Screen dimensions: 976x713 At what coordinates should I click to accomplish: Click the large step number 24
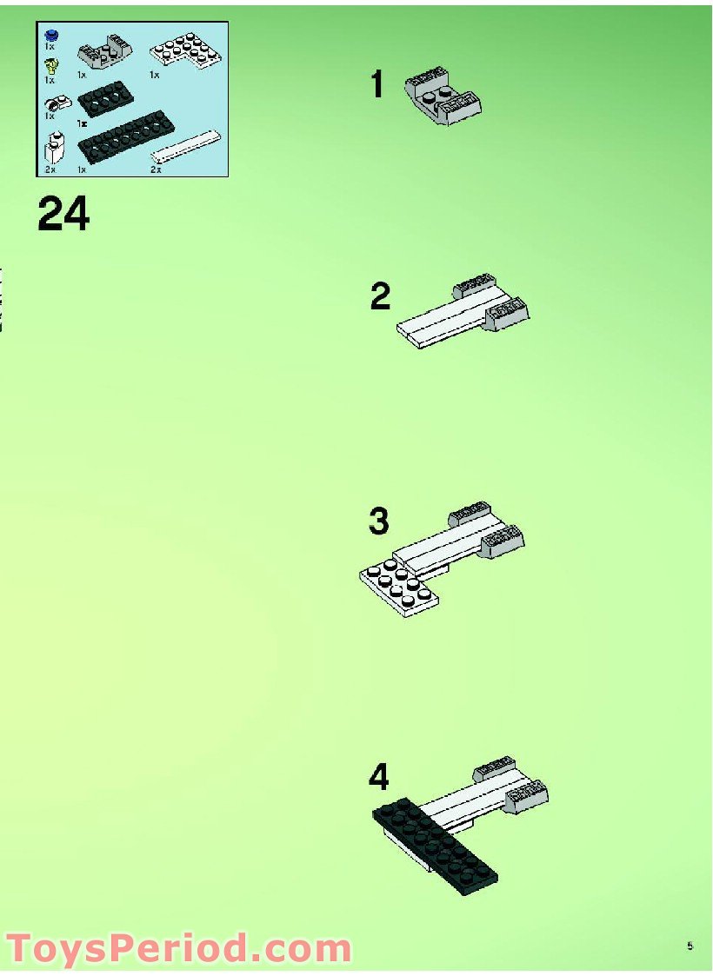point(63,214)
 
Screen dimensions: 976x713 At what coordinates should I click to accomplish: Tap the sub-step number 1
point(377,85)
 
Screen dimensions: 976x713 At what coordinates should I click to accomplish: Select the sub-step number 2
point(380,297)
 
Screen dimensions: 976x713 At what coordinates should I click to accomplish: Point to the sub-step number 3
point(378,521)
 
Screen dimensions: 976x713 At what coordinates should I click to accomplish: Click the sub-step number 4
point(379,777)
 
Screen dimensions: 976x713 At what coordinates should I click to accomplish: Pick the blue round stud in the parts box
point(52,36)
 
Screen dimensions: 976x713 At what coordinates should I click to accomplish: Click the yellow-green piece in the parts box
point(52,64)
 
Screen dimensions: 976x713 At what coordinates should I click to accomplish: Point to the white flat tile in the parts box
point(187,146)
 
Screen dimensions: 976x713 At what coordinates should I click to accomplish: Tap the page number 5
point(690,946)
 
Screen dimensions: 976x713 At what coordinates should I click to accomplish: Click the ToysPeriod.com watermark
point(178,947)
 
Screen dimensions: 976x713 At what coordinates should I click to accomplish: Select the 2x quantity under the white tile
point(157,169)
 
